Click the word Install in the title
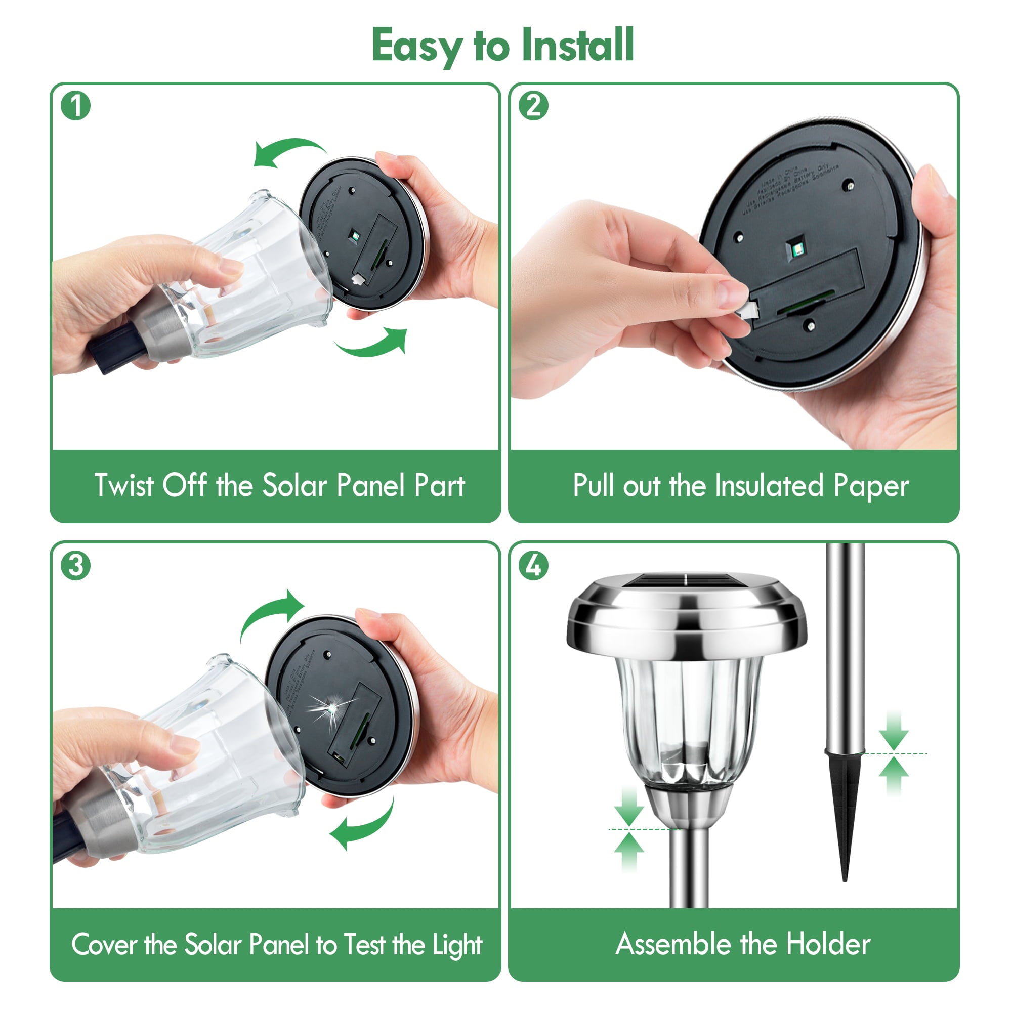pyautogui.click(x=577, y=46)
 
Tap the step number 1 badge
pyautogui.click(x=75, y=106)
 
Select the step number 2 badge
pyautogui.click(x=533, y=106)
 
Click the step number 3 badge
pyautogui.click(x=75, y=565)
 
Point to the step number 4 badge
pyautogui.click(x=533, y=565)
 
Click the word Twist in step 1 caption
pyautogui.click(x=123, y=485)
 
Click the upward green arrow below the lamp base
pyautogui.click(x=628, y=851)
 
